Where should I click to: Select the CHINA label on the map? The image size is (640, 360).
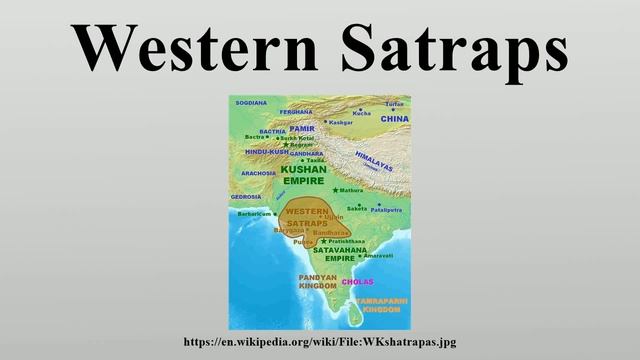395,119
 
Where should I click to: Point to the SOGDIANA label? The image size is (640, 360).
250,102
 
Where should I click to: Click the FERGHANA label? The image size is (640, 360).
296,112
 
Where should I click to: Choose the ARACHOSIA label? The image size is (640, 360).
258,173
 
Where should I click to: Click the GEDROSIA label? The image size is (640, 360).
246,197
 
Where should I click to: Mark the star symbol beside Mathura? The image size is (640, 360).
335,190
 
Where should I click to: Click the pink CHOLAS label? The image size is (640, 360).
357,283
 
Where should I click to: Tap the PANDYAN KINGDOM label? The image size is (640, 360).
319,281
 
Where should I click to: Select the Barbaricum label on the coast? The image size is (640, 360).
255,214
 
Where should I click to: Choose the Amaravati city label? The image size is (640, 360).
378,256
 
